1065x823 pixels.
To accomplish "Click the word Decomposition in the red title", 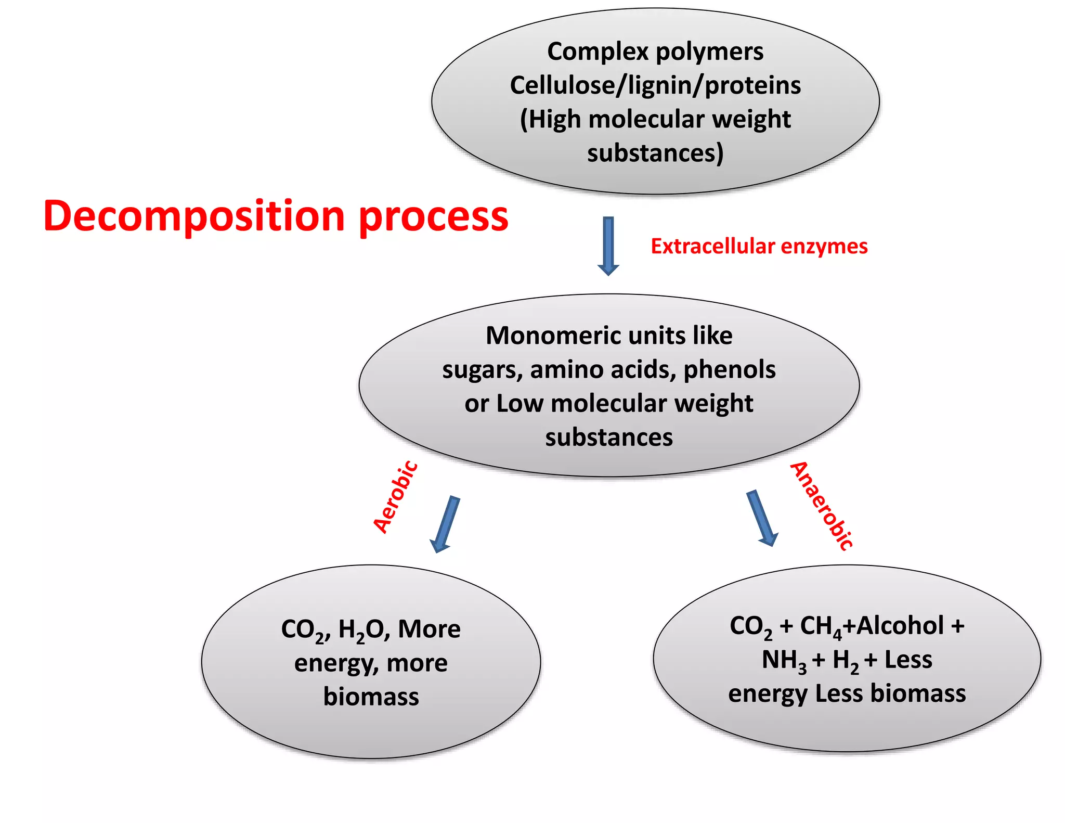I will pos(193,216).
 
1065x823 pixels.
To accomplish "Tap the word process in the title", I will pos(433,217).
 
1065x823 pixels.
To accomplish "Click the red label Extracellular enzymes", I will pos(759,246).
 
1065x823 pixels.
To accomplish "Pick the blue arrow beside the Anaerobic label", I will pos(762,518).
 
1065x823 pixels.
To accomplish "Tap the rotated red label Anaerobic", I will pos(821,506).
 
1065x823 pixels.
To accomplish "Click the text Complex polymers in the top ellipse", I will pos(655,52).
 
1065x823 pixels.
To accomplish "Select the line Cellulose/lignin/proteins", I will pos(655,85).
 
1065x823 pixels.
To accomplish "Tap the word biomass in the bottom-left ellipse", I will pos(371,697).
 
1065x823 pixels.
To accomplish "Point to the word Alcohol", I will pos(900,625).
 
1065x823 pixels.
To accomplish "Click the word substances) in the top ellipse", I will pos(655,153).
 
